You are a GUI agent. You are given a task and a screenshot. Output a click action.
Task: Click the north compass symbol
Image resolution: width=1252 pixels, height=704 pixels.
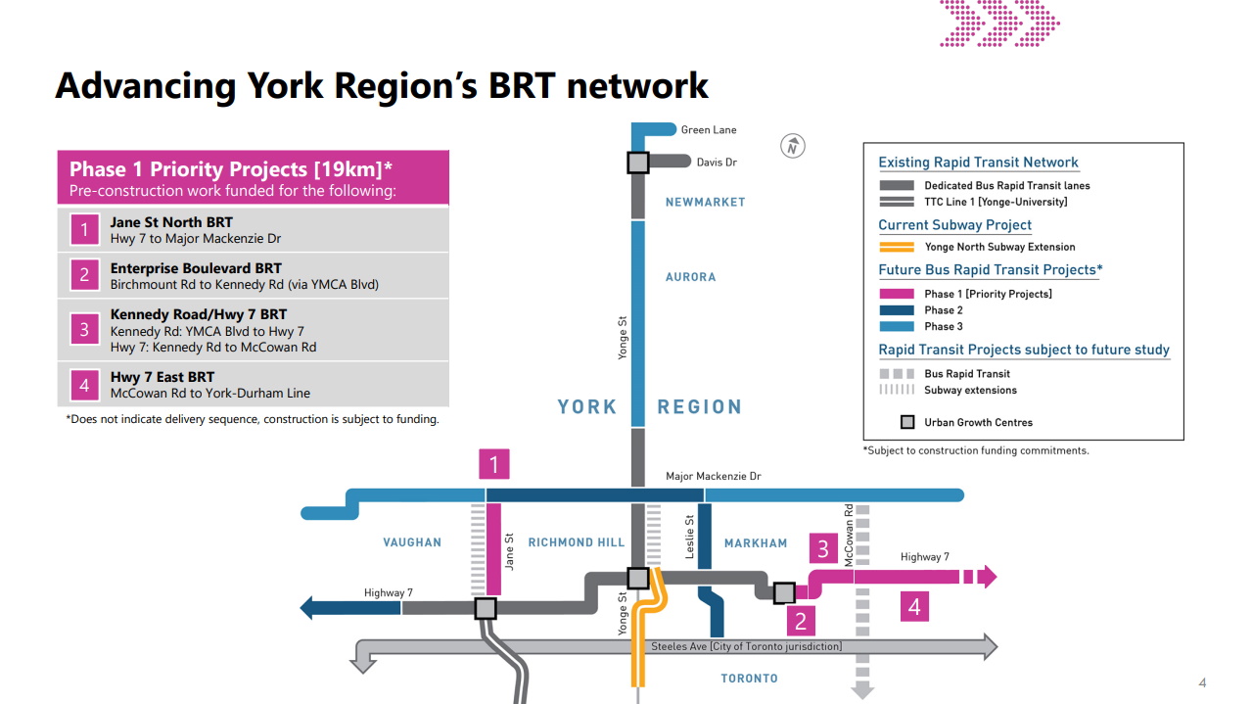pyautogui.click(x=793, y=146)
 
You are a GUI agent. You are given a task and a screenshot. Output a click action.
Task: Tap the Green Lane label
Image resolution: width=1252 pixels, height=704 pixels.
pyautogui.click(x=709, y=130)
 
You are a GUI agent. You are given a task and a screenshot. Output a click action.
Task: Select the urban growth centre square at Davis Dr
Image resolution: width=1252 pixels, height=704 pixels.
pyautogui.click(x=637, y=163)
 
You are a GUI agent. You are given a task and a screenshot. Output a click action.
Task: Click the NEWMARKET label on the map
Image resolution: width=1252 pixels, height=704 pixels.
pyautogui.click(x=705, y=202)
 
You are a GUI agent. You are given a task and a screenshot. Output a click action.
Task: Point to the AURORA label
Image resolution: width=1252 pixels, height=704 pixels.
pyautogui.click(x=690, y=277)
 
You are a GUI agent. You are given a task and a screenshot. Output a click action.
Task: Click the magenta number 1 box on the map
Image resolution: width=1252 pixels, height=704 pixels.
pyautogui.click(x=494, y=464)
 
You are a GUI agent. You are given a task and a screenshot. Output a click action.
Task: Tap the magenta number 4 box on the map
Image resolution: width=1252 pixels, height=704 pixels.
pyautogui.click(x=913, y=607)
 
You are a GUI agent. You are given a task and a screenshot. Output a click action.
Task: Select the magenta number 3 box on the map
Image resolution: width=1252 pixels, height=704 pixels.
pyautogui.click(x=823, y=549)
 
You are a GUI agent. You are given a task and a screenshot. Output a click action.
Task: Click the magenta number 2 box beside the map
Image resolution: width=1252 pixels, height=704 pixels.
pyautogui.click(x=800, y=620)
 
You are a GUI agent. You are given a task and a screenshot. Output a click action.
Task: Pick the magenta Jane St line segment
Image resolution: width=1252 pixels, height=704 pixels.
pyautogui.click(x=494, y=548)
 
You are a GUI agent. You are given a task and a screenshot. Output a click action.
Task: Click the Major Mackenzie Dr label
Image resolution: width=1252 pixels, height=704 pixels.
pyautogui.click(x=713, y=477)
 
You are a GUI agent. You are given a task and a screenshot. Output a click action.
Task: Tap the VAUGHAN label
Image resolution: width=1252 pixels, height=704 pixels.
pyautogui.click(x=412, y=542)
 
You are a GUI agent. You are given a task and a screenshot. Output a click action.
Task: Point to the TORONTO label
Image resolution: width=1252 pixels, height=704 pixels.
pyautogui.click(x=749, y=679)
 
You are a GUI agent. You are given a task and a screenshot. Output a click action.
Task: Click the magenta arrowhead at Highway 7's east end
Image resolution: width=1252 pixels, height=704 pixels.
pyautogui.click(x=987, y=578)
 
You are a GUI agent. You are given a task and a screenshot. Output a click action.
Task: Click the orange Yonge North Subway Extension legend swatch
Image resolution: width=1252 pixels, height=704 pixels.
pyautogui.click(x=896, y=247)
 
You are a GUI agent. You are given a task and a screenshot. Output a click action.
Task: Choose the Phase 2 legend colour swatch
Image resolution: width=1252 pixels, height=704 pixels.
pyautogui.click(x=896, y=310)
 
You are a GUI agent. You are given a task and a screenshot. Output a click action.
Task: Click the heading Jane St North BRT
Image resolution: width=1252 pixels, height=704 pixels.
pyautogui.click(x=171, y=222)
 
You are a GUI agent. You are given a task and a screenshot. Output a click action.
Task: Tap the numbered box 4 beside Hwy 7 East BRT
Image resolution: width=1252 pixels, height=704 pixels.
pyautogui.click(x=84, y=385)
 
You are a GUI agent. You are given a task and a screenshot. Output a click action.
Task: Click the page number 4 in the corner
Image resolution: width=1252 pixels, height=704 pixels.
pyautogui.click(x=1202, y=682)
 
